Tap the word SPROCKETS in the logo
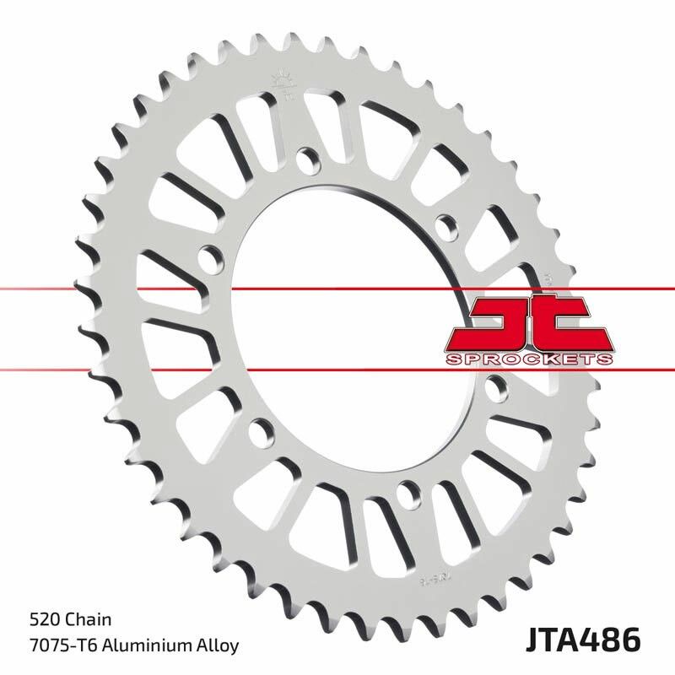pyautogui.click(x=526, y=359)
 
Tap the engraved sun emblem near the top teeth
pyautogui.click(x=281, y=82)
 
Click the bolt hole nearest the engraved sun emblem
pyautogui.click(x=306, y=157)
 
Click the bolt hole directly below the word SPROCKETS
pyautogui.click(x=498, y=387)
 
